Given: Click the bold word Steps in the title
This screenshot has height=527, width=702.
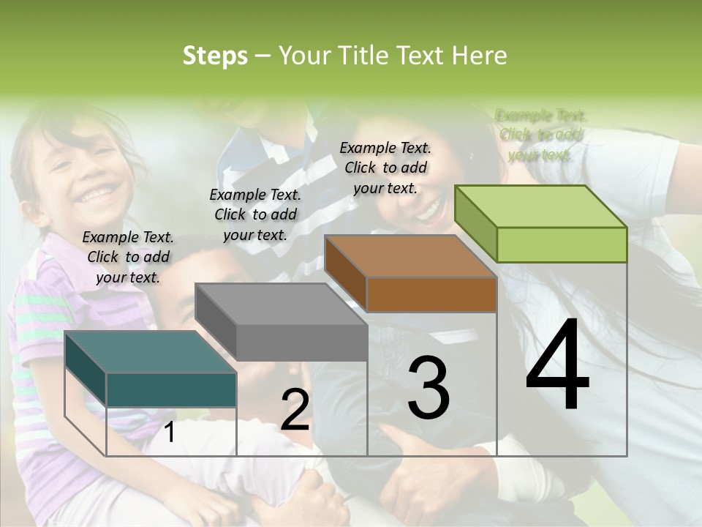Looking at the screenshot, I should (215, 56).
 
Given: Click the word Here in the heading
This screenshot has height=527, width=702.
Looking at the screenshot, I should (479, 56).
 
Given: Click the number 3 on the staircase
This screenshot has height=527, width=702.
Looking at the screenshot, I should (429, 387).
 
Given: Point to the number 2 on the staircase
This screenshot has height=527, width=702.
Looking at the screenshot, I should (295, 411).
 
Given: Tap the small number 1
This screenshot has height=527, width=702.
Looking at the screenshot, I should (169, 432).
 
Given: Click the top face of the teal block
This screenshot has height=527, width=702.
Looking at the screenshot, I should (150, 352).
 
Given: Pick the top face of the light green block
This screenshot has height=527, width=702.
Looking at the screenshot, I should (540, 206).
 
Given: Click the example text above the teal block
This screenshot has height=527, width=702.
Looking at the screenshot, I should (128, 257).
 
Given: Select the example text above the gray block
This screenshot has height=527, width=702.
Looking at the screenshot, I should (255, 214).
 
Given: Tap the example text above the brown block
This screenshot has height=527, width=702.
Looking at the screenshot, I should (385, 168).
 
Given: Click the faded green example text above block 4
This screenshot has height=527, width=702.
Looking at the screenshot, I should (541, 135).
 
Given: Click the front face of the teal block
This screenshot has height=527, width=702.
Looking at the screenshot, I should (171, 389).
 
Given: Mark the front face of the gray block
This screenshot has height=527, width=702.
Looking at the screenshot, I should (301, 343).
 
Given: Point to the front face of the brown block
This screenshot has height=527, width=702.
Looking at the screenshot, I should (431, 294).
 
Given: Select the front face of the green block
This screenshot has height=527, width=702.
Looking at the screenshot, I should (562, 244).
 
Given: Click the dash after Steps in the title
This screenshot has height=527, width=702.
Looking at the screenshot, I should (263, 56).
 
